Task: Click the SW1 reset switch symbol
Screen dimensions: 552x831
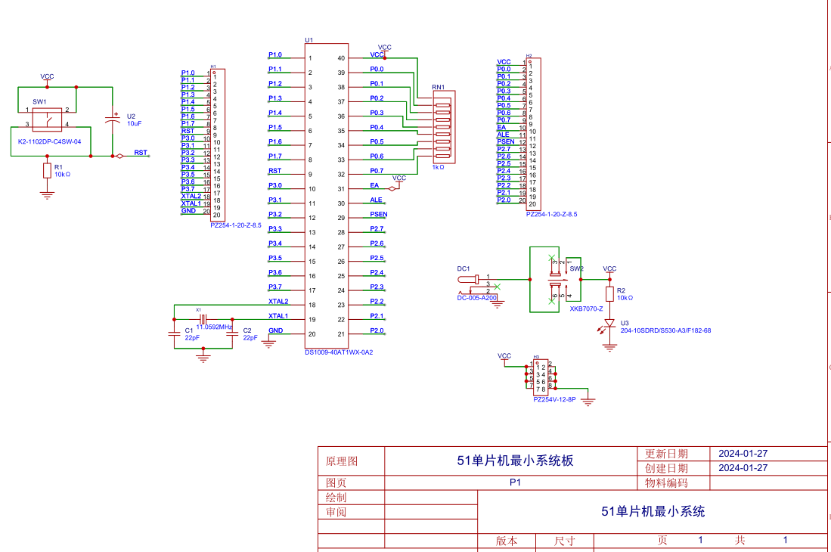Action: (47, 119)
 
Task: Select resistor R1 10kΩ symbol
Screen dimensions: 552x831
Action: (48, 171)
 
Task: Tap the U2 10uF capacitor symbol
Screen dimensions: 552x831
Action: (113, 119)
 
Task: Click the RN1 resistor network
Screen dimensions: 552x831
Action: (442, 127)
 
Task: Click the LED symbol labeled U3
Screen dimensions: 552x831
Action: (609, 324)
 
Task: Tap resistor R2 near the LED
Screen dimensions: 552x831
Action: (609, 294)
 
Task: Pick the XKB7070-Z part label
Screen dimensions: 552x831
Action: (586, 309)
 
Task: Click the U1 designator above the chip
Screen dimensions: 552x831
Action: (309, 40)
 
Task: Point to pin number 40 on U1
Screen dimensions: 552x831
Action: (341, 58)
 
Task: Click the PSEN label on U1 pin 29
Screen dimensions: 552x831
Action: (378, 215)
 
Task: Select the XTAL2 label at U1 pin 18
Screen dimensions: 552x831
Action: (278, 302)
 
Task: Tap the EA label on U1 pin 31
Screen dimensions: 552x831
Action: (374, 185)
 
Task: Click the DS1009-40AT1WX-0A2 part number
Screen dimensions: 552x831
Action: (339, 352)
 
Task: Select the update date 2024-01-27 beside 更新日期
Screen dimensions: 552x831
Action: (743, 454)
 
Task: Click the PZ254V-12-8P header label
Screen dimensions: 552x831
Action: (554, 399)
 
